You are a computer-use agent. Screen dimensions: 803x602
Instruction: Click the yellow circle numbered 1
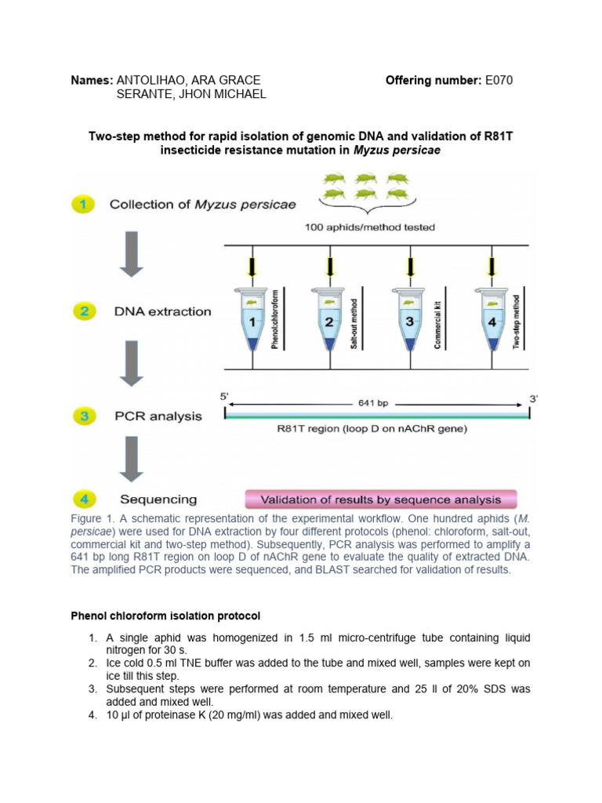83,205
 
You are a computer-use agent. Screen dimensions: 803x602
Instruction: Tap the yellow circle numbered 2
83,311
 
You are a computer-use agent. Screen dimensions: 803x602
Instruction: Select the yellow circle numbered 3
83,416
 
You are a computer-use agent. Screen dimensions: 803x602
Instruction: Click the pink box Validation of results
381,500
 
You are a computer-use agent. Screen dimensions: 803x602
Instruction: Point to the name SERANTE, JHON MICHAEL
191,94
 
